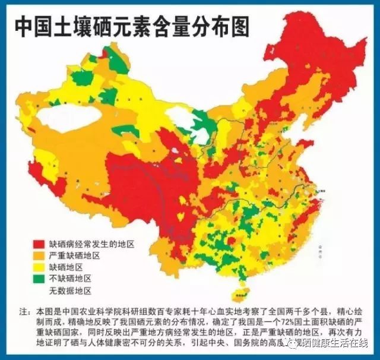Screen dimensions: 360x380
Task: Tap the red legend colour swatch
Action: tap(39, 244)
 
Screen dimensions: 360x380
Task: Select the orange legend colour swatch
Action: tap(39, 255)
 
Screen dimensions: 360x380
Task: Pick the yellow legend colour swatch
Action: tap(39, 267)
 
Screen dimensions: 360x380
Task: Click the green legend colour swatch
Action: tap(39, 279)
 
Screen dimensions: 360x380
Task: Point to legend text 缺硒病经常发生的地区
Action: tap(91, 244)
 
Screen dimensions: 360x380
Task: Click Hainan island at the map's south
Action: tap(240, 292)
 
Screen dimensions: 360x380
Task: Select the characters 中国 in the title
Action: tap(33, 25)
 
